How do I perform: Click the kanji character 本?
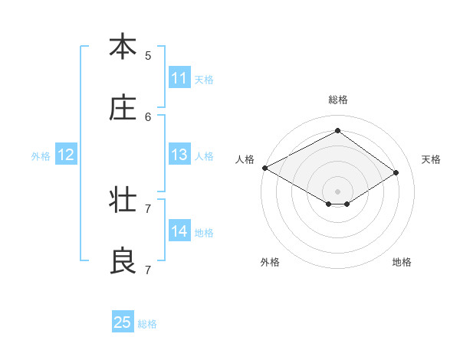122,47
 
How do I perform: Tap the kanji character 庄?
122,109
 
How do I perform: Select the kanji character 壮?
122,201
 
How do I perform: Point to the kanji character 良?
122,262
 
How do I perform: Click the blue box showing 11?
179,78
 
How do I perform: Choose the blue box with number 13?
179,155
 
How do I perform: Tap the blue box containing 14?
179,231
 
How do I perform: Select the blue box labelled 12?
66,155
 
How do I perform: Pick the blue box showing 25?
123,322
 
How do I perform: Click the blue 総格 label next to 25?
147,324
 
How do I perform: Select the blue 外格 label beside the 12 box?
41,156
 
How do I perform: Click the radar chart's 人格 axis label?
245,159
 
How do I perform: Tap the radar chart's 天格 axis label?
431,159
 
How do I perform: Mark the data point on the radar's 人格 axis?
264,168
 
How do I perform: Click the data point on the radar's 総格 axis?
337,131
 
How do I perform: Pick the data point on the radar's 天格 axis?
396,173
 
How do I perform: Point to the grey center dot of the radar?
337,191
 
